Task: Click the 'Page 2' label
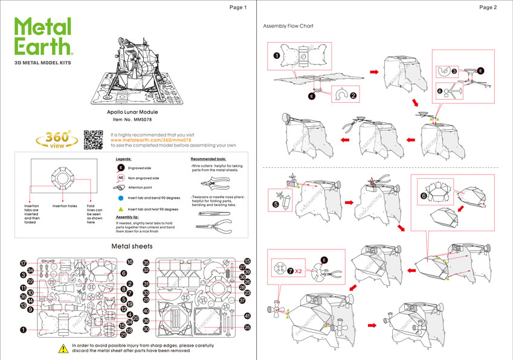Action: [488, 8]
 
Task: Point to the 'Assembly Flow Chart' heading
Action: [288, 27]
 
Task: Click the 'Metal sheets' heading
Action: [132, 246]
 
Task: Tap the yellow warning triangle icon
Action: [62, 348]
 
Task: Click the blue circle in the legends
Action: [121, 198]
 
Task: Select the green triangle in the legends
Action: [121, 208]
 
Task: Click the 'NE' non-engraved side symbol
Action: [121, 178]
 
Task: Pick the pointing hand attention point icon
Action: [120, 188]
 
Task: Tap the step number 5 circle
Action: [276, 204]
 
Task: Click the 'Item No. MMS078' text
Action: [131, 120]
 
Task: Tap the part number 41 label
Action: [247, 316]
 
